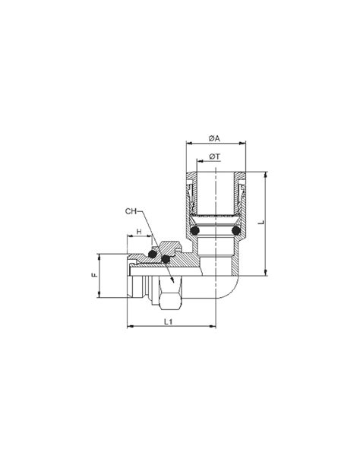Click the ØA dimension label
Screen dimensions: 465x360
(x=213, y=138)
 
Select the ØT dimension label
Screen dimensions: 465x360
(x=215, y=157)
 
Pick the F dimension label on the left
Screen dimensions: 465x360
(x=95, y=277)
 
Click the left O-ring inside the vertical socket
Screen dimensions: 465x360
(x=195, y=229)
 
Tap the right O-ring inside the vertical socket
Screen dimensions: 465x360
(x=235, y=229)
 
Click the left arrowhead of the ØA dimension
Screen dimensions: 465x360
(x=187, y=144)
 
